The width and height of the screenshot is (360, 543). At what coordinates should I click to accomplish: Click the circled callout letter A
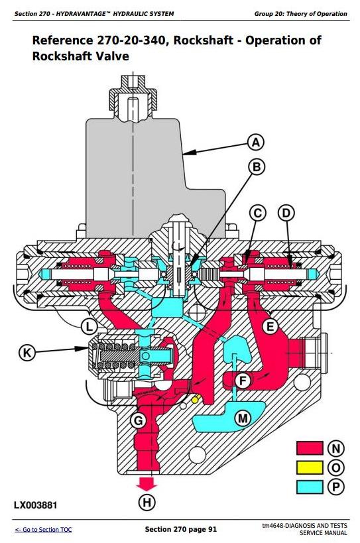(x=256, y=143)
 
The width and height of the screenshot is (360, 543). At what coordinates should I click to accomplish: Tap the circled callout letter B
(x=257, y=167)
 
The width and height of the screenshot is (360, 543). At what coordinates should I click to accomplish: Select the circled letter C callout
(x=258, y=213)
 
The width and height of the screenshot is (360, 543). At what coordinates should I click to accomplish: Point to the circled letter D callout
(x=286, y=213)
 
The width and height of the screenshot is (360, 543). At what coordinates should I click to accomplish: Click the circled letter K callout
(x=27, y=353)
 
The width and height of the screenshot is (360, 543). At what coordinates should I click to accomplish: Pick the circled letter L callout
(x=90, y=326)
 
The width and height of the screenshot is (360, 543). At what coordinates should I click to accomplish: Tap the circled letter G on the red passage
(x=138, y=421)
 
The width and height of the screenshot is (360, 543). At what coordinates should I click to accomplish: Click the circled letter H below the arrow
(x=147, y=502)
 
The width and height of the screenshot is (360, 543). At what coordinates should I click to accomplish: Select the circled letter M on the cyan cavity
(x=243, y=418)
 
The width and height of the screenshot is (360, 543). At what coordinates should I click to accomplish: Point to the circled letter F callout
(x=243, y=381)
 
